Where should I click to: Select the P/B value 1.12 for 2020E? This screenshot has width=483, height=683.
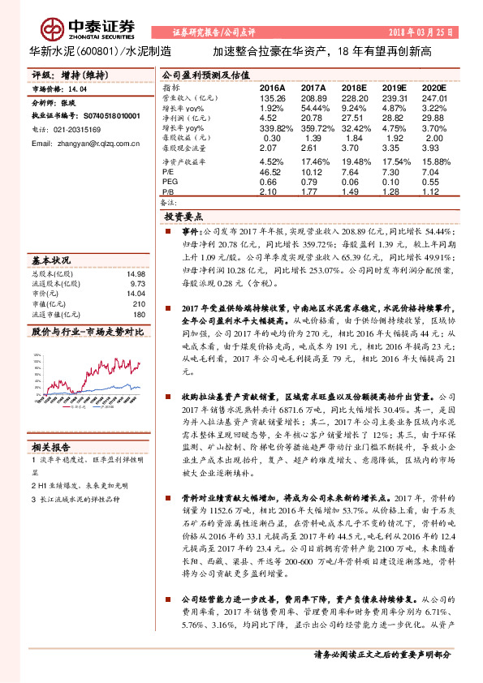coord(434,191)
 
